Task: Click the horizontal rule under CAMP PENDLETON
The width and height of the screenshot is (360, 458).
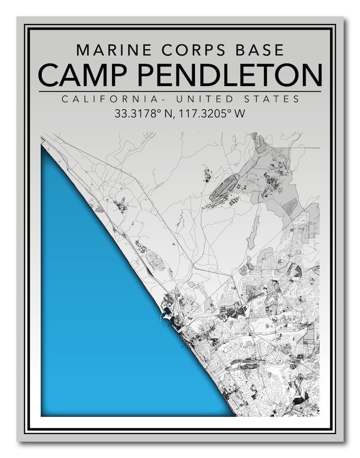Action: (x=180, y=92)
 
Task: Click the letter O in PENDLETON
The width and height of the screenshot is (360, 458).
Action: (x=292, y=75)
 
